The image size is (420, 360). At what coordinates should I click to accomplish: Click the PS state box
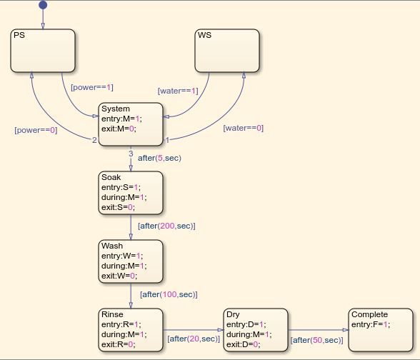coord(43,51)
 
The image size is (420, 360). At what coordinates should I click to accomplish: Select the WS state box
coord(227,51)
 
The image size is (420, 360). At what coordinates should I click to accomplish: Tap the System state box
coord(130,124)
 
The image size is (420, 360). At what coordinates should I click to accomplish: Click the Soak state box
coord(130,191)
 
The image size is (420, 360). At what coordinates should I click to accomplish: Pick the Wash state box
coord(130,261)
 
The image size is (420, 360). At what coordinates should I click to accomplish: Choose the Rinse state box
coord(130,329)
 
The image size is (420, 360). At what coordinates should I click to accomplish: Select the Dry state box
coord(255,329)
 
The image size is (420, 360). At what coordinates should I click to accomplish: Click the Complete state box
coord(380,329)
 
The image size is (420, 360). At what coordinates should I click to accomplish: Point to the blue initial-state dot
coord(42,5)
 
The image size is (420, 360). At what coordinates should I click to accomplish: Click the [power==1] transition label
coord(91,87)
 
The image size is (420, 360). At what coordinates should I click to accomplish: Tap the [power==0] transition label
coord(36,131)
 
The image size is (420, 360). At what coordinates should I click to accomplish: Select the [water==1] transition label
coord(178,91)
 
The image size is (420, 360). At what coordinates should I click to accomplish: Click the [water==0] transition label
coord(243,128)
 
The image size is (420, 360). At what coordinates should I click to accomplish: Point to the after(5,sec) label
coord(159,158)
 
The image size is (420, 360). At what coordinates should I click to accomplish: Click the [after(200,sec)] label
coord(166,226)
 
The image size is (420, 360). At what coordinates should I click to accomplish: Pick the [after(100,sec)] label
coord(169,294)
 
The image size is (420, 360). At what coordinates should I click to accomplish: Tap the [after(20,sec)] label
coord(193,339)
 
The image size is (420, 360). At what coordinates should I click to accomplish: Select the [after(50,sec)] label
coord(316,341)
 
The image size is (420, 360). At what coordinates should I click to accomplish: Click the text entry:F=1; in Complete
coord(370,324)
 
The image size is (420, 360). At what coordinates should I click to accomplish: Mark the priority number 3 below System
coord(130,153)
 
